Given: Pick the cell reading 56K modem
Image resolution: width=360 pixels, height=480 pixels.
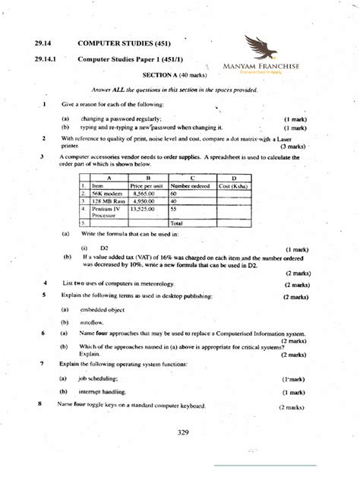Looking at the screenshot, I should [107, 194].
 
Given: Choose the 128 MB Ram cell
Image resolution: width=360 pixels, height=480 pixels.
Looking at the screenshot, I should [106, 201].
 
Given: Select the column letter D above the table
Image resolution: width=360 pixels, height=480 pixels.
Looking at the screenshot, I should [235, 177].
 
